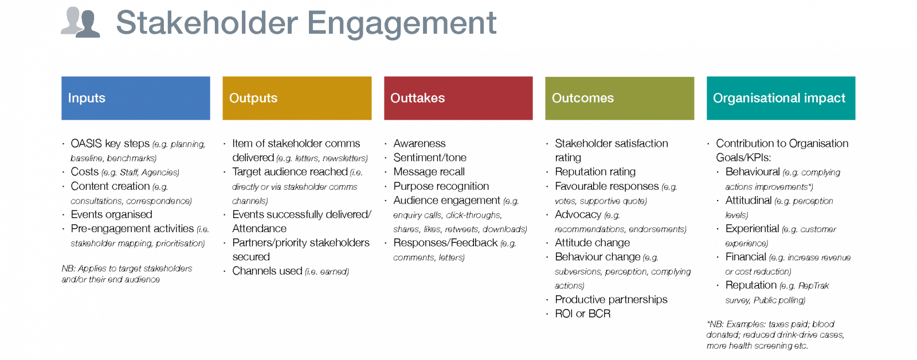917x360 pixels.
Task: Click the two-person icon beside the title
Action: point(81,22)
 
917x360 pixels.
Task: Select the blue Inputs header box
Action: point(136,98)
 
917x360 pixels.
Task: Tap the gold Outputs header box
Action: point(297,98)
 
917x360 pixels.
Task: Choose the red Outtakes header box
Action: point(458,98)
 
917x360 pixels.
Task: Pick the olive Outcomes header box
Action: point(620,98)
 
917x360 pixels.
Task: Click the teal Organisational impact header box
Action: point(781,98)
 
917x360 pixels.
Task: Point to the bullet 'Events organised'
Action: point(111,214)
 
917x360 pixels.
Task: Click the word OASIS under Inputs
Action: point(86,143)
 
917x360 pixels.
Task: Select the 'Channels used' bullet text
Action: point(267,271)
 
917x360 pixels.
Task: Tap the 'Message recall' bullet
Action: point(429,172)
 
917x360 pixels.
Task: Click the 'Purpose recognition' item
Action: point(441,186)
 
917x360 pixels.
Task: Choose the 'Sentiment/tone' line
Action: point(430,158)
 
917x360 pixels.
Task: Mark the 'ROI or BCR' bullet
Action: point(582,314)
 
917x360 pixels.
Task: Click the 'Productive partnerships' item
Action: point(611,300)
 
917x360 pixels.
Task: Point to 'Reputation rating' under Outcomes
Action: point(595,172)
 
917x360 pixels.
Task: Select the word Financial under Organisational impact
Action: point(746,257)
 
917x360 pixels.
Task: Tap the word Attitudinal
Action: point(749,201)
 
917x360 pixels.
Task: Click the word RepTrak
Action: point(813,286)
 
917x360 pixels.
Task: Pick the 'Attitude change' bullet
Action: point(592,243)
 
